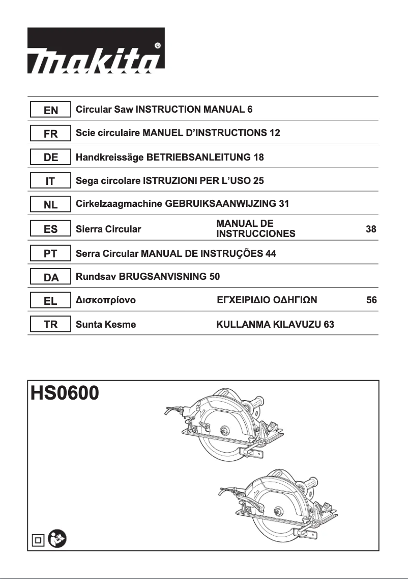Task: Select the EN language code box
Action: (x=50, y=110)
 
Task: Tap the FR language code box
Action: (x=50, y=134)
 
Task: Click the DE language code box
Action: (x=50, y=158)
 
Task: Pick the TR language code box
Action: (x=50, y=325)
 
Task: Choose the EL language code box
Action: (x=50, y=301)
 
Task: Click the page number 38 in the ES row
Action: (x=371, y=229)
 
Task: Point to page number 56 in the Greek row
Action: (x=371, y=301)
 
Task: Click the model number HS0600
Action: (x=65, y=394)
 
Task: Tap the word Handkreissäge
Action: (x=109, y=157)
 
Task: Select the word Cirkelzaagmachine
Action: (x=119, y=204)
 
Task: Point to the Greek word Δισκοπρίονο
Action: (x=105, y=301)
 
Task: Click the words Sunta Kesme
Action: (x=105, y=325)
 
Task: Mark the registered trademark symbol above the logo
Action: (x=158, y=45)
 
